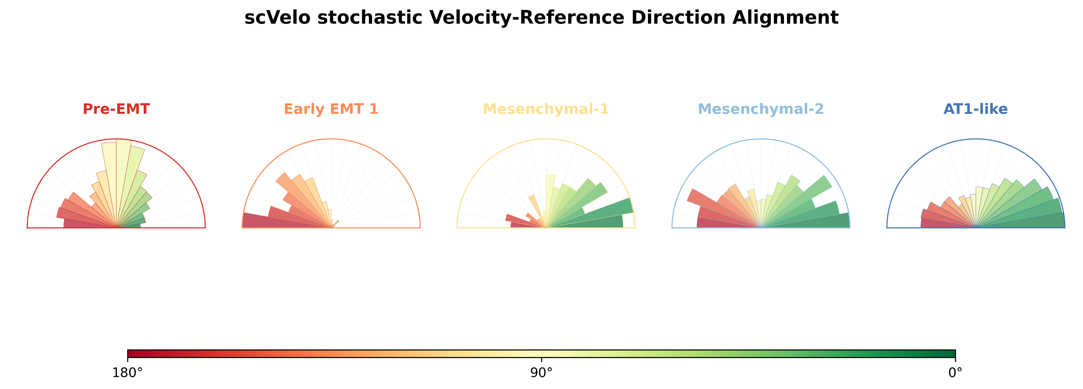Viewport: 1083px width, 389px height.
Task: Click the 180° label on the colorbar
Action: pos(127,373)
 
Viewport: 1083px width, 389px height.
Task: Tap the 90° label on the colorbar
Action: pos(542,373)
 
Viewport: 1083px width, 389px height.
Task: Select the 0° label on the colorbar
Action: pos(955,373)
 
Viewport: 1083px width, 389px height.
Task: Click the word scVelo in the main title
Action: pos(277,18)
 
